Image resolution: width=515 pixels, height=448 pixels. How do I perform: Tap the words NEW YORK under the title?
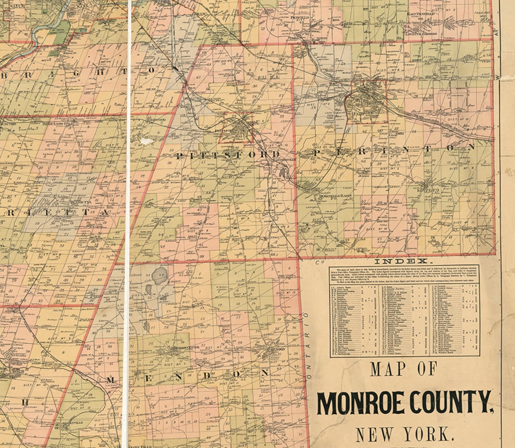(404, 434)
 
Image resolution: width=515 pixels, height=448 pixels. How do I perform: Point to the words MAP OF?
(403, 369)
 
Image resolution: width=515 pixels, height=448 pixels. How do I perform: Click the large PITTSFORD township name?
(228, 156)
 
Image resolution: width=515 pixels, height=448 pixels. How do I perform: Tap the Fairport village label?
(362, 114)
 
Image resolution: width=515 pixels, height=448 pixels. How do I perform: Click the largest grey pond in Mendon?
(159, 275)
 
